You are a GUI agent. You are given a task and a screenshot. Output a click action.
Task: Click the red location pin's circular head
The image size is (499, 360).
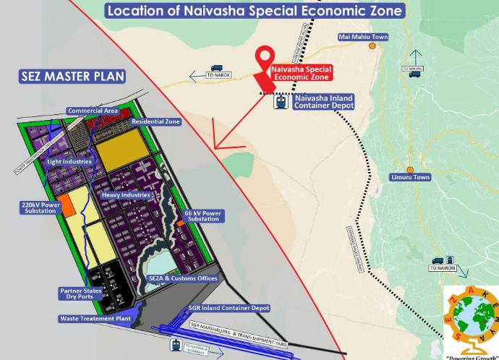tap(269, 56)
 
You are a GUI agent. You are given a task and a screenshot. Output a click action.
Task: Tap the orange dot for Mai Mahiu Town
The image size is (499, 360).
tap(372, 46)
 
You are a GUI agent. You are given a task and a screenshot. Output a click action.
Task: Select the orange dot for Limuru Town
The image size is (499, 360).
tap(410, 171)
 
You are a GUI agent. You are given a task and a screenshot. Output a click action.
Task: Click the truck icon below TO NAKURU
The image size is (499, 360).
tap(414, 74)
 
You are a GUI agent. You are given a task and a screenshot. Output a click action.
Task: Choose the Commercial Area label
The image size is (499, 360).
tap(93, 111)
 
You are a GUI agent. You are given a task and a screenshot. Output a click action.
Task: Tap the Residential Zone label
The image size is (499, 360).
tap(155, 122)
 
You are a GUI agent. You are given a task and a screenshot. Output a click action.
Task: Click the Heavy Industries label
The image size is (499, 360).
tap(126, 194)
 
